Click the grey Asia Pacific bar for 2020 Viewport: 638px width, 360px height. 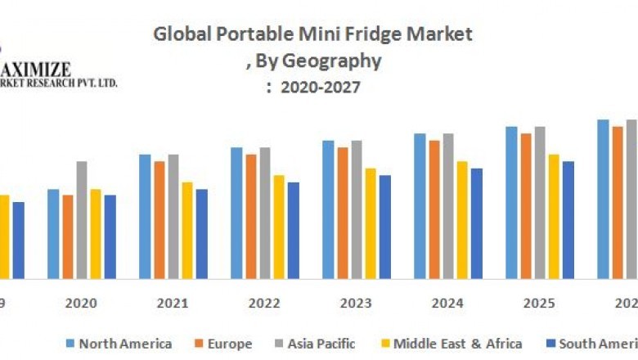pos(82,219)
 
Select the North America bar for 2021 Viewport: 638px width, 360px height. pos(145,216)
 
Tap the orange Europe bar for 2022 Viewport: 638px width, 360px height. pos(251,216)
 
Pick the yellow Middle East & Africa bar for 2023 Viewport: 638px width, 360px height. pos(371,223)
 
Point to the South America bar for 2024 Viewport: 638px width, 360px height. pos(476,223)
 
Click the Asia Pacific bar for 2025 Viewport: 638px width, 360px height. pos(540,202)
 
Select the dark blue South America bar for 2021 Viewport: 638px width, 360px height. pos(201,233)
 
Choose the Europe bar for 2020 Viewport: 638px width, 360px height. pos(68,236)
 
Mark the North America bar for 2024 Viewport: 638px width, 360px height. pos(420,205)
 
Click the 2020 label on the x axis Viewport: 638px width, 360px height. pos(81,303)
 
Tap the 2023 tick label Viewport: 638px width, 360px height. pos(356,303)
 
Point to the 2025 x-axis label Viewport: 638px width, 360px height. pos(539,303)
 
